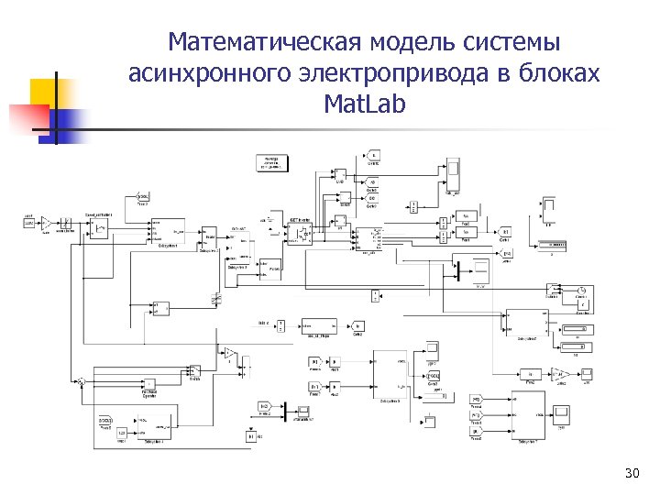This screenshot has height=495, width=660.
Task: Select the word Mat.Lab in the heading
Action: tap(364, 104)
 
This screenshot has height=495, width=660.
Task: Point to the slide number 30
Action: tap(631, 473)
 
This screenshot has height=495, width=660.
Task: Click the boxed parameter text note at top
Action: tap(273, 163)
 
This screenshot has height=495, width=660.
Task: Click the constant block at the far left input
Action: tap(28, 222)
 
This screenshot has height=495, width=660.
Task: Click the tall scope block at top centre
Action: tap(452, 174)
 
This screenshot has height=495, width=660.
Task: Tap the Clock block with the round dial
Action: tap(581, 291)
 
